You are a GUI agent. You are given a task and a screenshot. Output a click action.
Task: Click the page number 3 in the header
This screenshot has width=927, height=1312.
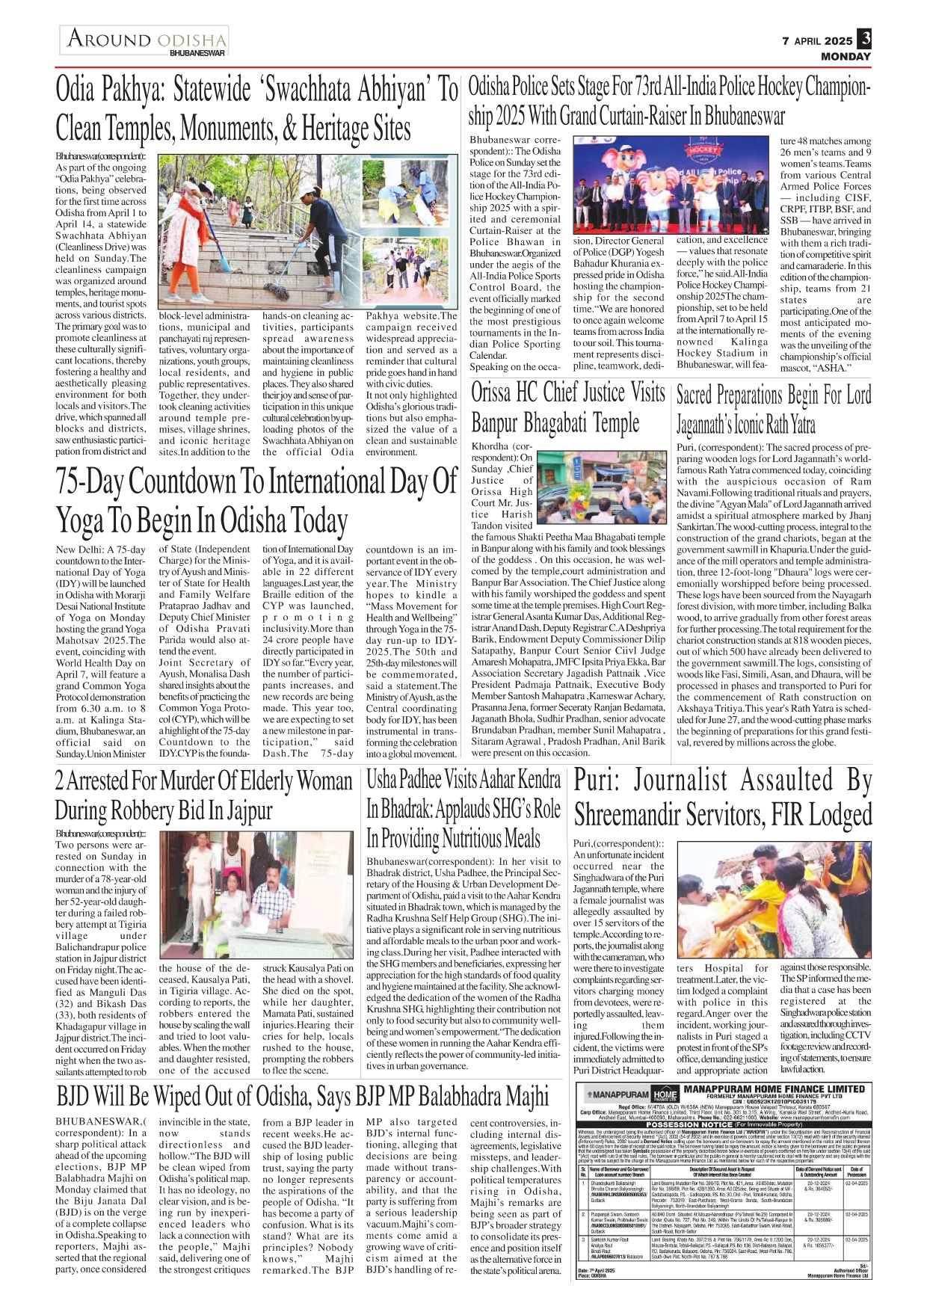point(864,38)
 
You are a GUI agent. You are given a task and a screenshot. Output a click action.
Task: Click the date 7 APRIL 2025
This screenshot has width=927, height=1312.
point(817,41)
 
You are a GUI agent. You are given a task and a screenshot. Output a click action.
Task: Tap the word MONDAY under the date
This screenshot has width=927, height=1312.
point(846,56)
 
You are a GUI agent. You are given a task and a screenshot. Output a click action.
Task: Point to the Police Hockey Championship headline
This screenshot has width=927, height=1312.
point(669,102)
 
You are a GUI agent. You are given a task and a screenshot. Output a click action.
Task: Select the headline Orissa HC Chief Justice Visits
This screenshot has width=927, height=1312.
point(567,407)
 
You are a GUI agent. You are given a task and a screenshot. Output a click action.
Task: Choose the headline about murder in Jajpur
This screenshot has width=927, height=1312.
point(203,795)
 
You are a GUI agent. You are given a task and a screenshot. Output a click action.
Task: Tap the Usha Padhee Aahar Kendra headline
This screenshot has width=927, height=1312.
point(463,808)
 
